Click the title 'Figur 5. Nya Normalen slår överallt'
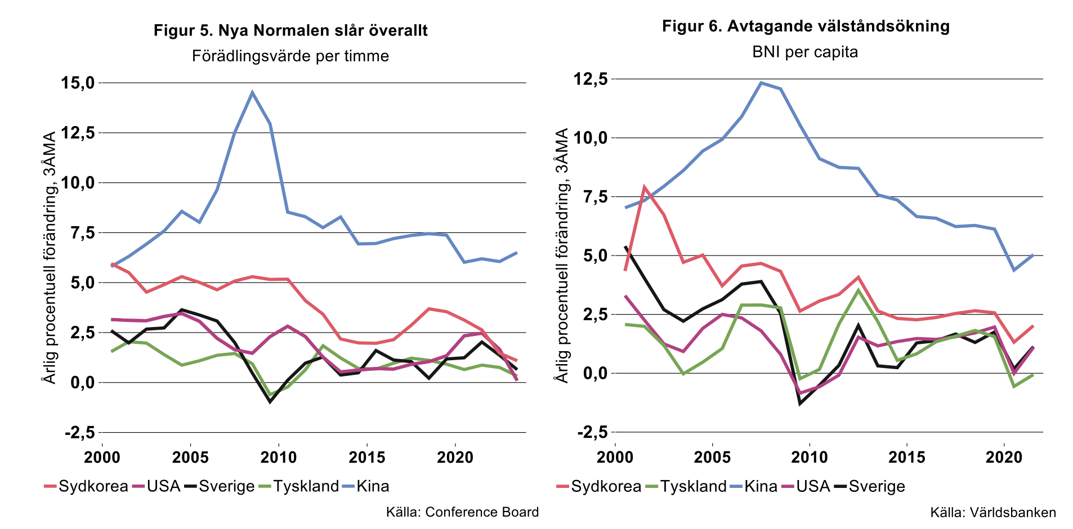point(290,30)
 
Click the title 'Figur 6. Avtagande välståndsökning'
point(806,26)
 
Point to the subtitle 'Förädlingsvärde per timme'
point(290,56)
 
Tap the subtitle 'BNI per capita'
point(805,52)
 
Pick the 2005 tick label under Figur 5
point(190,457)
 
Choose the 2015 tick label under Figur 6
point(906,457)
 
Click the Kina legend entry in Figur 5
point(372,486)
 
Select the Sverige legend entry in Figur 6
point(877,486)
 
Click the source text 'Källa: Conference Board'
point(462,512)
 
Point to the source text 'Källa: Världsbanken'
point(993,513)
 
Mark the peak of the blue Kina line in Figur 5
point(252,92)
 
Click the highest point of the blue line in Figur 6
point(761,83)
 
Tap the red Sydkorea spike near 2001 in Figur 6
point(644,187)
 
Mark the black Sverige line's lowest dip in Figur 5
point(270,402)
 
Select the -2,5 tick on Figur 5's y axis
point(79,433)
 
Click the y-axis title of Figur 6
point(562,255)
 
